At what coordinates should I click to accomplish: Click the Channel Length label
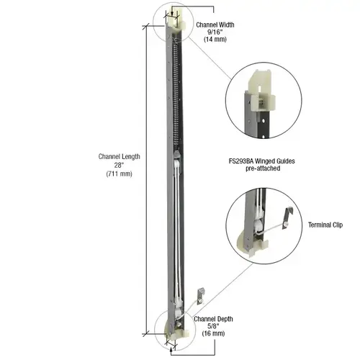[x=120, y=157]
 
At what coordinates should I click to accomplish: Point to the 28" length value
[x=120, y=166]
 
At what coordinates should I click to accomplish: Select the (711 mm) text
[x=120, y=174]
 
